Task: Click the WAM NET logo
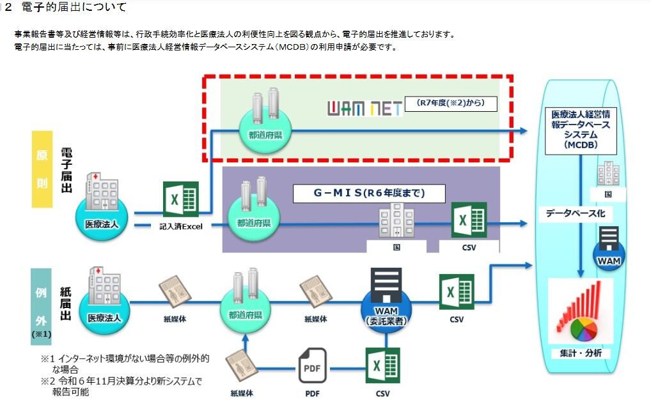(365, 108)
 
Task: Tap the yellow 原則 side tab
(42, 169)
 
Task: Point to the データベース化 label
(575, 213)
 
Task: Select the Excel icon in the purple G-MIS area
(469, 220)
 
